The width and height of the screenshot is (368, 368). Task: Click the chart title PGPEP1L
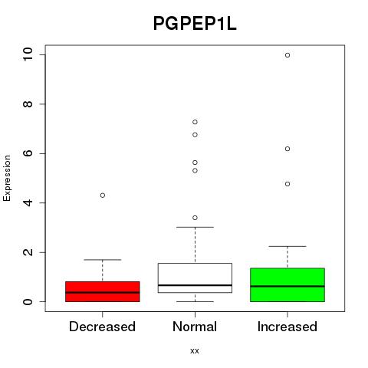tap(195, 24)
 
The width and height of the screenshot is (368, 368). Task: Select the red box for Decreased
tap(103, 291)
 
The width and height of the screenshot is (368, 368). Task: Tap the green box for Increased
tap(287, 284)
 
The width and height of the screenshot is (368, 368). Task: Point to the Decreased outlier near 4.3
tap(103, 195)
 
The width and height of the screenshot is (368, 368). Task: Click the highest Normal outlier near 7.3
tap(195, 122)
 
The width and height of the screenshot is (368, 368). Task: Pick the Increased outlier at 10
tap(287, 55)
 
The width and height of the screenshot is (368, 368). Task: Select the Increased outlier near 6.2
tap(287, 149)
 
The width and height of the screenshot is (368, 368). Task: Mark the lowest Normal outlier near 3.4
tap(195, 218)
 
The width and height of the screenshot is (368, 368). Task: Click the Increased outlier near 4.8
tap(287, 184)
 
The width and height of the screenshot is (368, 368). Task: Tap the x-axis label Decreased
tap(102, 327)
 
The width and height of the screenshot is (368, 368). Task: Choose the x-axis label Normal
tap(195, 327)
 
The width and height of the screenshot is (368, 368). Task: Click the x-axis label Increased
tap(287, 327)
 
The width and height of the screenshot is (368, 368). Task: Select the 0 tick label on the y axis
tap(28, 301)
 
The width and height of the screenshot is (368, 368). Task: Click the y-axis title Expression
tap(7, 178)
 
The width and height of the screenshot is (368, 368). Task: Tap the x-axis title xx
tap(195, 351)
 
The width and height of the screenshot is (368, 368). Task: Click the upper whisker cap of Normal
tap(195, 227)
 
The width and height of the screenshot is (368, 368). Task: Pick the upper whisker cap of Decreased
tap(103, 260)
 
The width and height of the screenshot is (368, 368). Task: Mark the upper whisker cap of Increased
tap(287, 246)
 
